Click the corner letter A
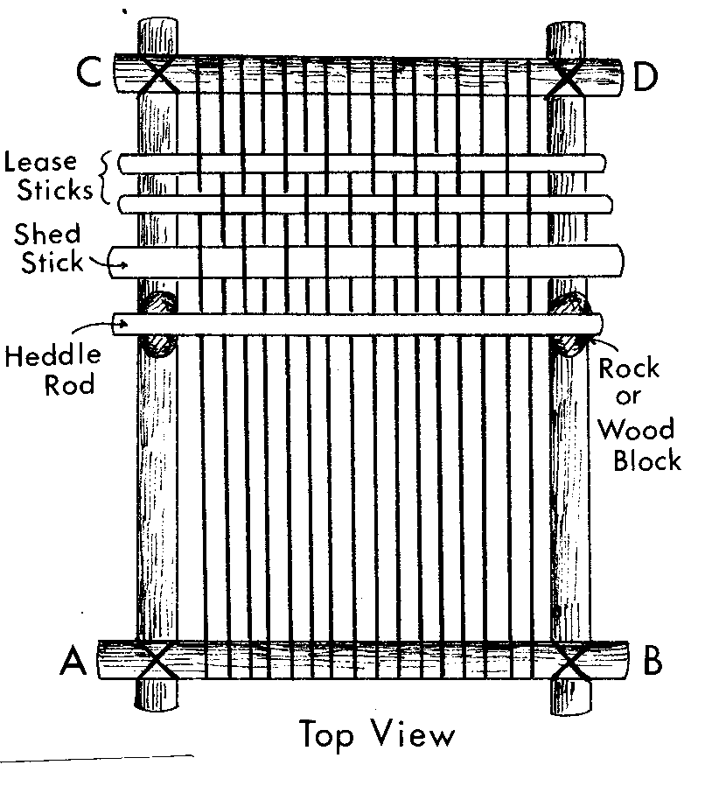click(x=73, y=663)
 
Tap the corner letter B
click(x=652, y=662)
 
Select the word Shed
click(x=47, y=235)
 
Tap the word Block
click(x=646, y=460)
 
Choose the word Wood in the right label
click(x=635, y=429)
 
